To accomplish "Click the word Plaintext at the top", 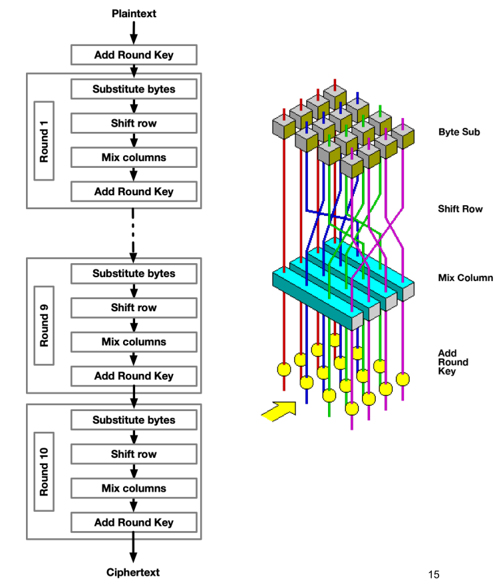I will pyautogui.click(x=134, y=13).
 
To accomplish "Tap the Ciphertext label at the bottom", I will pyautogui.click(x=133, y=572).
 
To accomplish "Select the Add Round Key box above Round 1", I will pyautogui.click(x=134, y=55).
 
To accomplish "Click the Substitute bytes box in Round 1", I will pyautogui.click(x=134, y=89).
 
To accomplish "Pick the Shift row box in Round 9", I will pyautogui.click(x=134, y=308).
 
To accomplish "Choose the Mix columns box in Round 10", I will pyautogui.click(x=134, y=488).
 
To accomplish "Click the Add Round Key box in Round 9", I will pyautogui.click(x=134, y=376).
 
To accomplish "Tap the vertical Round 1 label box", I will pyautogui.click(x=44, y=141).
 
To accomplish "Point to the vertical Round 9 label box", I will pyautogui.click(x=44, y=325).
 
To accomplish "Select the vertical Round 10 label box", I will pyautogui.click(x=44, y=472).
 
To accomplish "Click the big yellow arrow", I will pyautogui.click(x=278, y=410).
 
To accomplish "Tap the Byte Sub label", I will pyautogui.click(x=459, y=132).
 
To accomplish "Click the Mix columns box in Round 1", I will pyautogui.click(x=134, y=157).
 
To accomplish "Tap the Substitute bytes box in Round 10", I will pyautogui.click(x=134, y=420).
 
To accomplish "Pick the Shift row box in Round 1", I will pyautogui.click(x=134, y=123).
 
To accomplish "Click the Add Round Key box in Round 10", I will pyautogui.click(x=134, y=522).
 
